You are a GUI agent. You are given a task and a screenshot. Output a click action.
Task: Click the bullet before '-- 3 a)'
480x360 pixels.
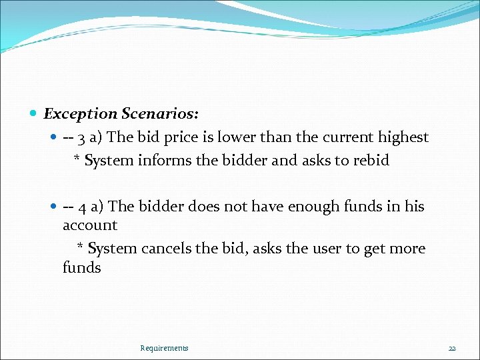(x=55, y=138)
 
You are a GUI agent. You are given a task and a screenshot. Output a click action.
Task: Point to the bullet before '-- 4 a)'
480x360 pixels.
(x=55, y=207)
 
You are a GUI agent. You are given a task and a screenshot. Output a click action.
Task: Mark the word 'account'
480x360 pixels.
(x=90, y=225)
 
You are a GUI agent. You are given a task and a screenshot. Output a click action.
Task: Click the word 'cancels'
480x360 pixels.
(x=166, y=249)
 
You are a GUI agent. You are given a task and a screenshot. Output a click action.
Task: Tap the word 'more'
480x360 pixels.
(x=407, y=249)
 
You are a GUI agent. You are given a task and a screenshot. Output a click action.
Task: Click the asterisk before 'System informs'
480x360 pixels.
(x=77, y=160)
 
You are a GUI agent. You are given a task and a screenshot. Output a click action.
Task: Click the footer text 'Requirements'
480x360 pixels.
(x=164, y=348)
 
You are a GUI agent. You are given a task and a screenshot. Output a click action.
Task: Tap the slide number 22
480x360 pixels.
(x=452, y=348)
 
